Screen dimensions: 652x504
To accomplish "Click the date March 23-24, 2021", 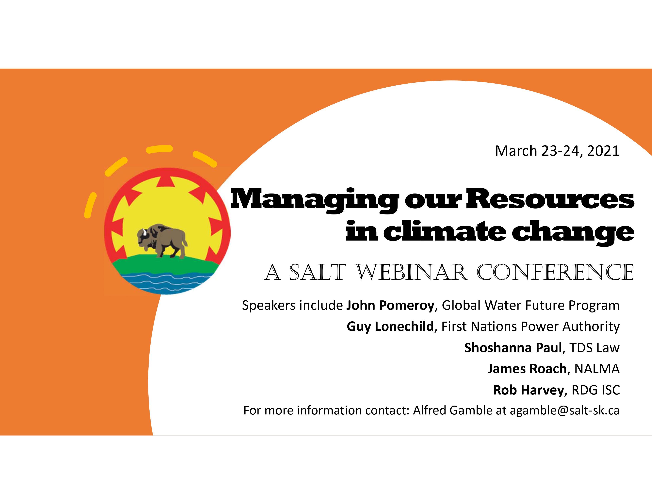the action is tap(557, 151).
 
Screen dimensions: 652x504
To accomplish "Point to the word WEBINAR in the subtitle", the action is tap(412, 272).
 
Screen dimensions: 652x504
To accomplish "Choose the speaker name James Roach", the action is tap(527, 369).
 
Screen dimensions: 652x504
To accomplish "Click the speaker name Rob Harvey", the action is tap(528, 390).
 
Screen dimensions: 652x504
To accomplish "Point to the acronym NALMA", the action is tap(597, 369).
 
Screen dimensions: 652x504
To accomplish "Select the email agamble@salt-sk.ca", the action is tap(564, 411).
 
